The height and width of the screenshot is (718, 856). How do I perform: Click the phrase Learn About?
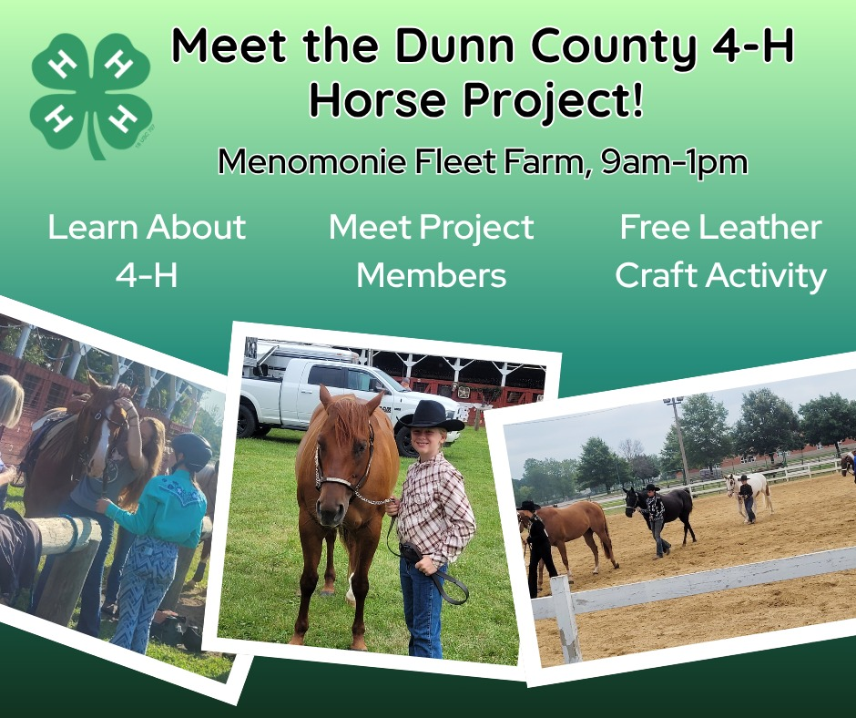click(x=147, y=227)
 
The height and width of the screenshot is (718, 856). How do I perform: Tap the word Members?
click(x=431, y=274)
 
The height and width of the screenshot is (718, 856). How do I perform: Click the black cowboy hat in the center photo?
click(x=431, y=416)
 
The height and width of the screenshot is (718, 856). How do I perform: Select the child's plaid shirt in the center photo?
click(x=434, y=506)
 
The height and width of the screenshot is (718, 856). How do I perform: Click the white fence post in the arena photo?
click(x=566, y=620)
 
